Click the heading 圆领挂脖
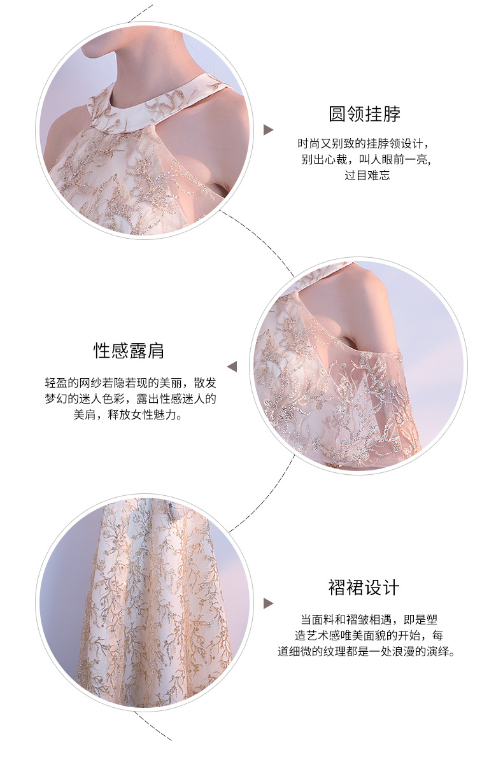[364, 114]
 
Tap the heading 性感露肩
[129, 351]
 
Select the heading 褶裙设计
[364, 588]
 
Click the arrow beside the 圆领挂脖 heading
[268, 130]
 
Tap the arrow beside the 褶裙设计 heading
[268, 603]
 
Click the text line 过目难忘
[367, 176]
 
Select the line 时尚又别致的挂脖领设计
[364, 143]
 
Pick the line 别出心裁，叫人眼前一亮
[365, 160]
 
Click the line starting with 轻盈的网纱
[131, 383]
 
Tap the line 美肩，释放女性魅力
[129, 415]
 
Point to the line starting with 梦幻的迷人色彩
[131, 399]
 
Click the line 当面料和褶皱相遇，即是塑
[369, 619]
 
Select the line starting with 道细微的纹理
[367, 651]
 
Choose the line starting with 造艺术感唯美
[369, 635]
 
